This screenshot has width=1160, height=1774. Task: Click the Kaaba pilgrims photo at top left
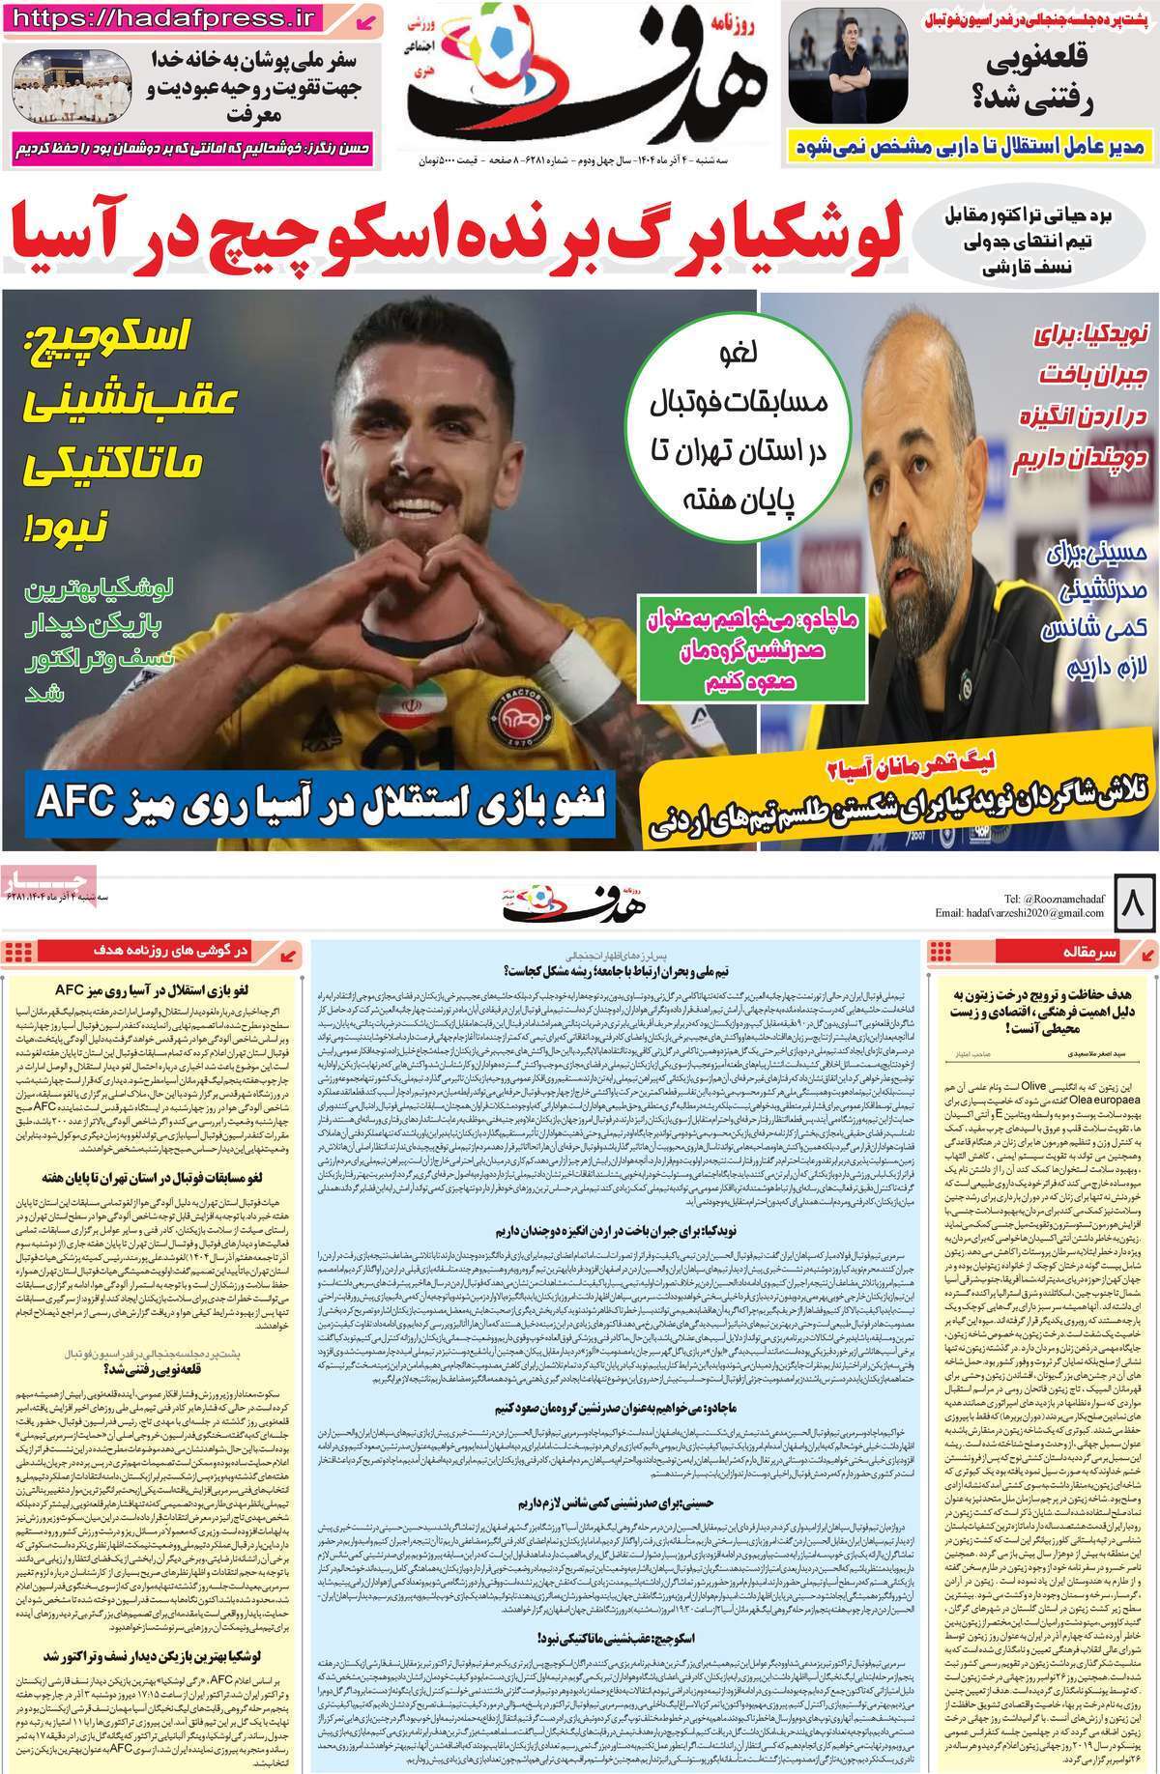click(57, 96)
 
